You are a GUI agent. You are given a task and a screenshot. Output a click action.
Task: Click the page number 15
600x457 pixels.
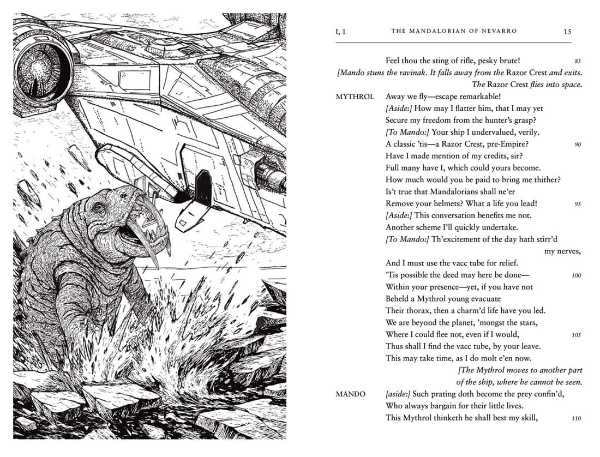(567, 32)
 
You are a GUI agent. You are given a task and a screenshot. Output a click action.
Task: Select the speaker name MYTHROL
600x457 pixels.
(355, 97)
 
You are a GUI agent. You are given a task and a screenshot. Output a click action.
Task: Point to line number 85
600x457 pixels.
(577, 61)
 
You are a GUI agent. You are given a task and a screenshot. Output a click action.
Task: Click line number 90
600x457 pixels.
(577, 145)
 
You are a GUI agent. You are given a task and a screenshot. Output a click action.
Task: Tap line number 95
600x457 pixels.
(577, 204)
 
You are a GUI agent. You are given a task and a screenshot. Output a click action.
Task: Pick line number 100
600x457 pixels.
(576, 275)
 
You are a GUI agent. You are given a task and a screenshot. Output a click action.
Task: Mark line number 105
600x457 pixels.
(576, 335)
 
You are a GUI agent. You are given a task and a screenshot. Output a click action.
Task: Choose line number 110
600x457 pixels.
(576, 418)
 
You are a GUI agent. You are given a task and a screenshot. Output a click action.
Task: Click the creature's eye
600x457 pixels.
(99, 208)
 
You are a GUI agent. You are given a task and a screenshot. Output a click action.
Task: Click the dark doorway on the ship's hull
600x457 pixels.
(203, 187)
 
